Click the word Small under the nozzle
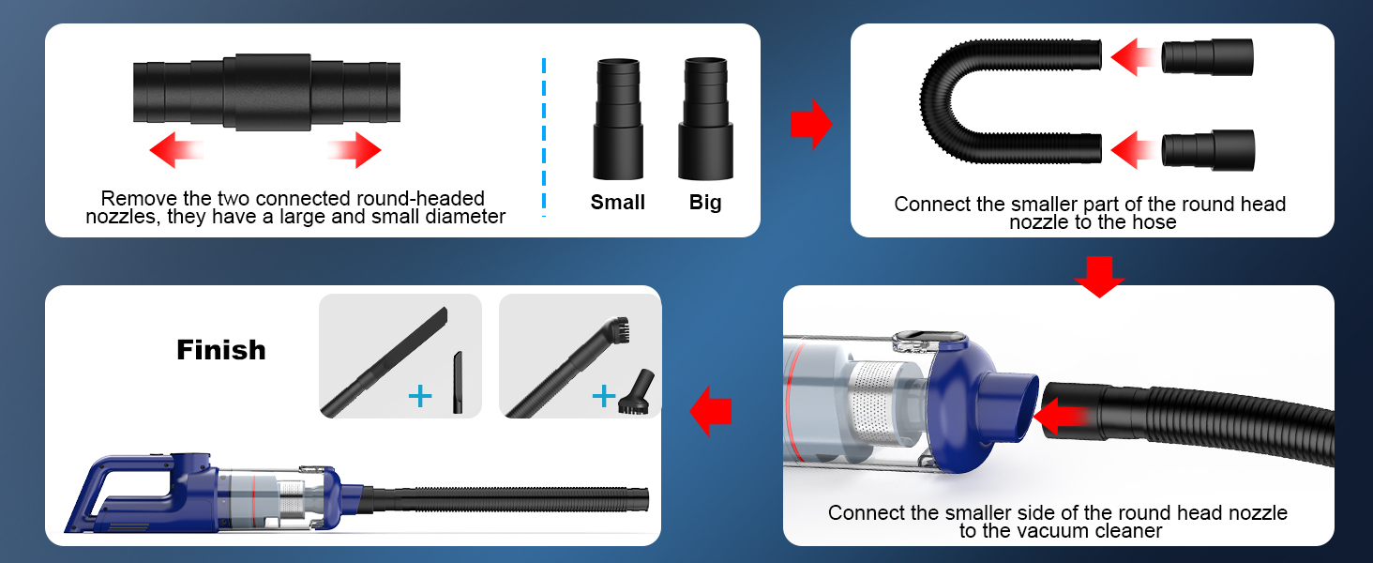[x=617, y=203]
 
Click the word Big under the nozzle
[x=705, y=203]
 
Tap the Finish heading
[x=221, y=350]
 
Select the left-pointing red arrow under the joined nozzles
[x=177, y=149]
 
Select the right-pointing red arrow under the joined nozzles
[x=354, y=149]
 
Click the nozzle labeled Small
[x=617, y=119]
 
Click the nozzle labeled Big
[x=706, y=119]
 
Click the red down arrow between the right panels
[x=1098, y=276]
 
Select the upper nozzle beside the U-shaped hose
[x=1207, y=57]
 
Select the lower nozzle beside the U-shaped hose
[x=1207, y=149]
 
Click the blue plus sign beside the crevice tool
[x=420, y=397]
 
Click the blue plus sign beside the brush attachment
[x=602, y=397]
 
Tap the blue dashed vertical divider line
[x=544, y=137]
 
